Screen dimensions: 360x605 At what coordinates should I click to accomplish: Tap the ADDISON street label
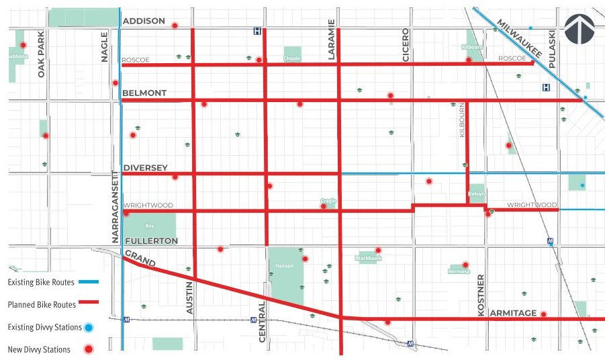pyautogui.click(x=144, y=21)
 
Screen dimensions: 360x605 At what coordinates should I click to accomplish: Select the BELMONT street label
pyautogui.click(x=144, y=93)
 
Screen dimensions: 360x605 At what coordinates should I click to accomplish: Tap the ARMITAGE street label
pyautogui.click(x=513, y=313)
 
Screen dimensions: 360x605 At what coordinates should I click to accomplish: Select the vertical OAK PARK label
pyautogui.click(x=41, y=54)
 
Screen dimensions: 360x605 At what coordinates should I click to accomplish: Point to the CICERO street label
pyautogui.click(x=406, y=46)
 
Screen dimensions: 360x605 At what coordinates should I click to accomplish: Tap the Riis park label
pyautogui.click(x=149, y=226)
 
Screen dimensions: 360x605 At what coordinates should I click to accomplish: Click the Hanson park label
pyautogui.click(x=281, y=266)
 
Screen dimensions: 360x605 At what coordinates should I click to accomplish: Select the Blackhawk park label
pyautogui.click(x=367, y=257)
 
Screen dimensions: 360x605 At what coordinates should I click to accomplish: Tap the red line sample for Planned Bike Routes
pyautogui.click(x=89, y=304)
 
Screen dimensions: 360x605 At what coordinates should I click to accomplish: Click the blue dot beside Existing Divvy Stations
pyautogui.click(x=88, y=327)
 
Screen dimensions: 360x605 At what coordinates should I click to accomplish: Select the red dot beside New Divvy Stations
pyautogui.click(x=88, y=349)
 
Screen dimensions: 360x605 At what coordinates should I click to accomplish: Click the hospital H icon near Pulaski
pyautogui.click(x=546, y=87)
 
